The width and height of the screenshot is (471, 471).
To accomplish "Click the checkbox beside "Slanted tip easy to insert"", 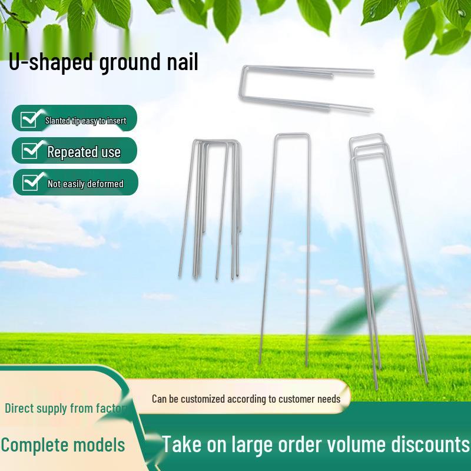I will point(29,119).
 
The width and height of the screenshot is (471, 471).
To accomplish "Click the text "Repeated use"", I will point(84,152).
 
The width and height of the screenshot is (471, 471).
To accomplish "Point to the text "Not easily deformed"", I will point(85,184).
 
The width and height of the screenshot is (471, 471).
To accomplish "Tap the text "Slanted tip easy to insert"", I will point(85,121).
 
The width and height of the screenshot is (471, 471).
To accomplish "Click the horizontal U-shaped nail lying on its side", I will point(306,88).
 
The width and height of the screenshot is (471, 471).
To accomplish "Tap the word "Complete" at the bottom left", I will point(35,445).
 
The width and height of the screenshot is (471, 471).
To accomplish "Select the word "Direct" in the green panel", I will point(21,408).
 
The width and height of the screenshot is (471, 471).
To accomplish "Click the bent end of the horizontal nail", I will point(243,88).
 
